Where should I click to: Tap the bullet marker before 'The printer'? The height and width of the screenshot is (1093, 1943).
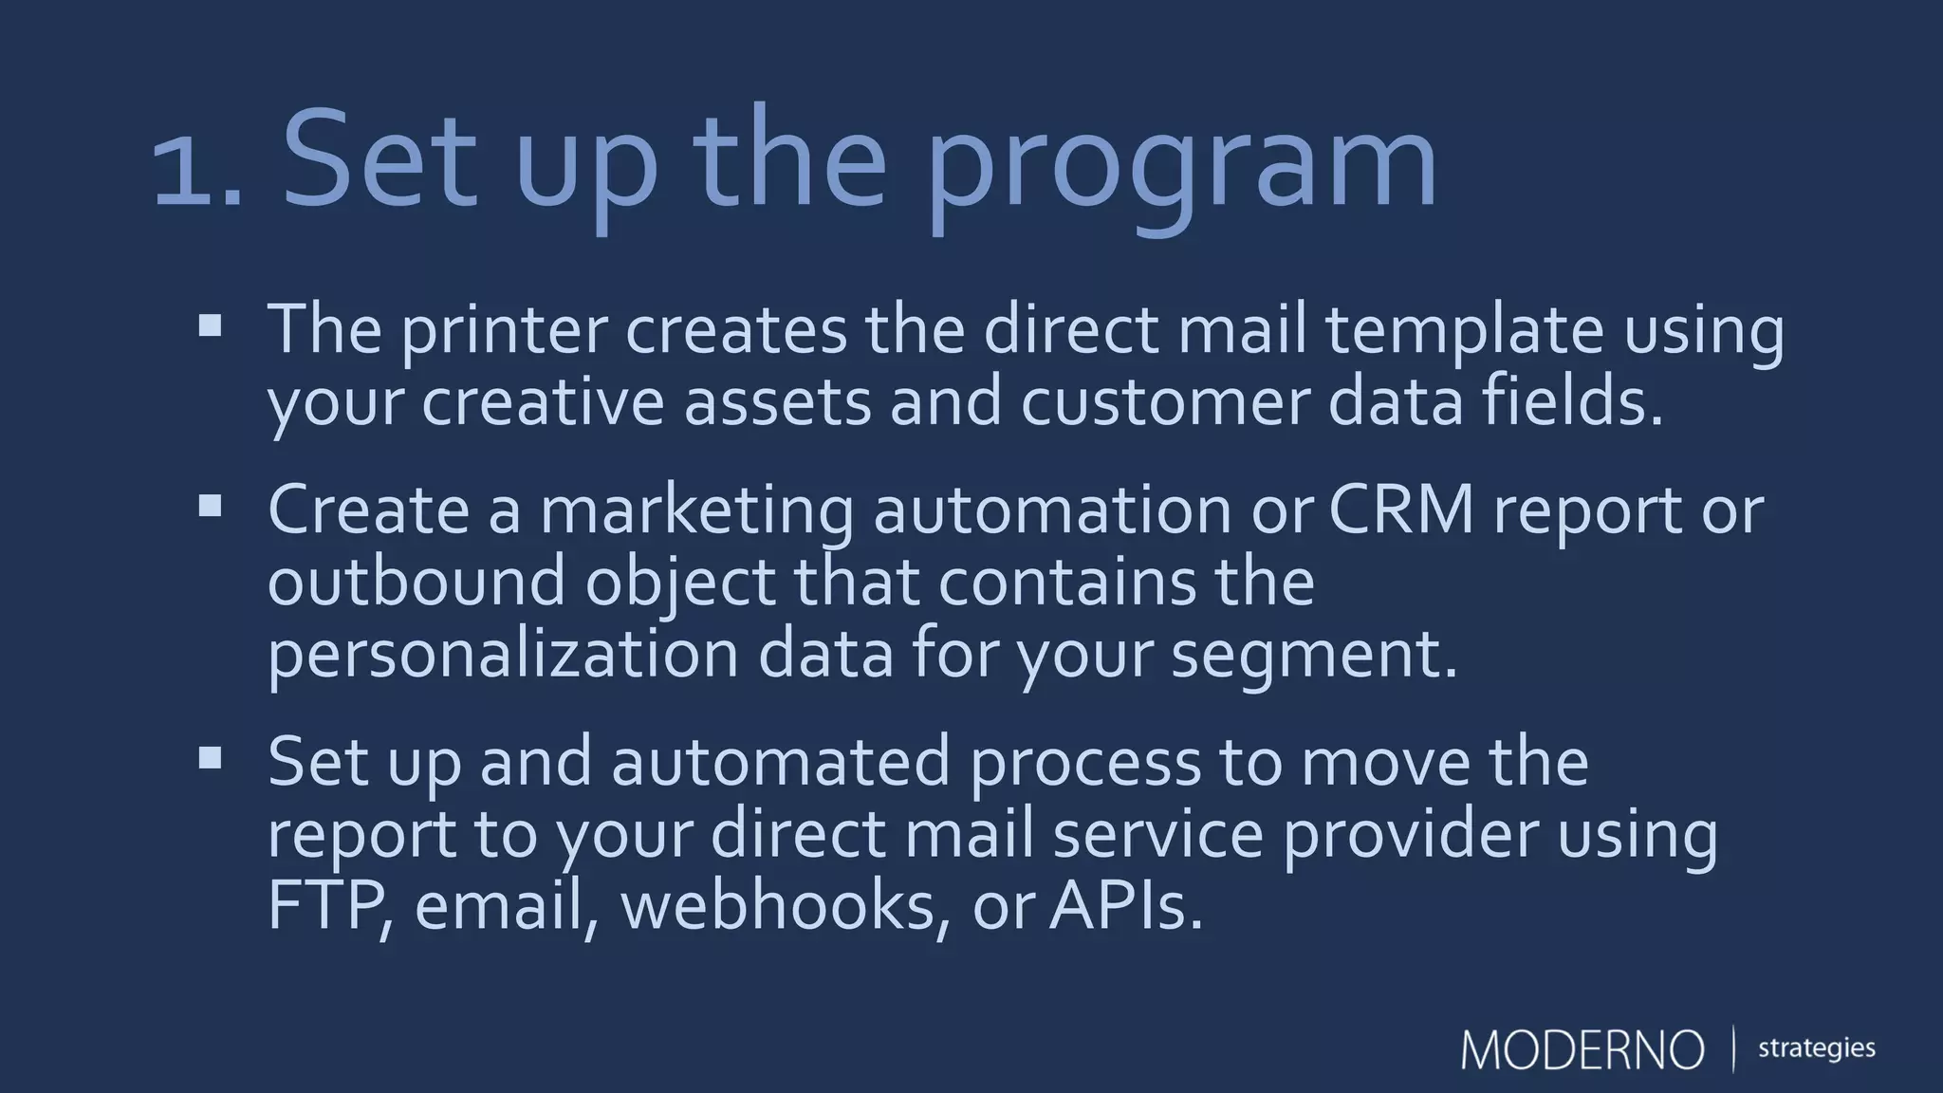click(210, 327)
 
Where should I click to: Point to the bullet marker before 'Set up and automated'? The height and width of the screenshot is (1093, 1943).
click(210, 757)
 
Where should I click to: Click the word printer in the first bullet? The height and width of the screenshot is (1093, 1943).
click(504, 330)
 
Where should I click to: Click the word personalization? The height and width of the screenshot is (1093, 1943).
click(503, 655)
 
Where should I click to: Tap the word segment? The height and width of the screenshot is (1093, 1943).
click(1313, 655)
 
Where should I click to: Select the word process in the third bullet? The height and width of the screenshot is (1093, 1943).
click(1084, 762)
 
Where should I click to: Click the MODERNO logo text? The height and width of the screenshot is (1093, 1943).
click(1582, 1049)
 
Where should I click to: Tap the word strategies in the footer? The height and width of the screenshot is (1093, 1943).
click(1816, 1049)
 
